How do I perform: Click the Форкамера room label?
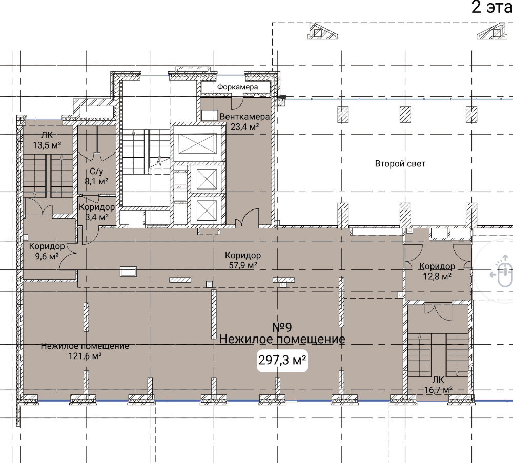tap(237, 87)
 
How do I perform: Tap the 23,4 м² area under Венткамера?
tap(245, 127)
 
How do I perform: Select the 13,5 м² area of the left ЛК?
tap(47, 145)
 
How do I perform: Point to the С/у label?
tap(96, 172)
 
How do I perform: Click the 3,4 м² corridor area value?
tap(97, 217)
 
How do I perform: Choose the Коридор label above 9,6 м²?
tap(47, 246)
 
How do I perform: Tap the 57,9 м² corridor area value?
tap(243, 265)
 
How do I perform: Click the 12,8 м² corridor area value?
tap(438, 276)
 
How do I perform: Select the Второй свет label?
tap(400, 163)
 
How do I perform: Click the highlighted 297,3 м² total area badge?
tap(282, 361)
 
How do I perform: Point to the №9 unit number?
tap(282, 327)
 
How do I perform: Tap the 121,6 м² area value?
tap(85, 356)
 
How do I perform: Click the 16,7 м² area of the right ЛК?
tap(438, 390)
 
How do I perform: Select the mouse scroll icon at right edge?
tap(504, 272)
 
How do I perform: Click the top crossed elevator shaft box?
tap(198, 144)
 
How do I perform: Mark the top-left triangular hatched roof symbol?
tap(322, 31)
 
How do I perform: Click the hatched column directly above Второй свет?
tap(405, 114)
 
